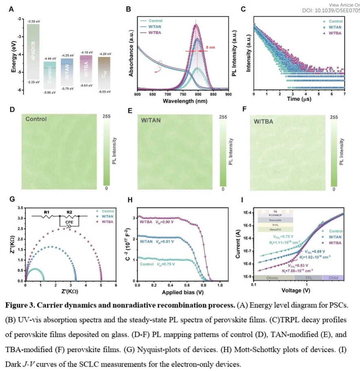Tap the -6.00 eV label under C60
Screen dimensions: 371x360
click(105, 92)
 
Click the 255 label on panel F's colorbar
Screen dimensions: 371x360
click(334, 117)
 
